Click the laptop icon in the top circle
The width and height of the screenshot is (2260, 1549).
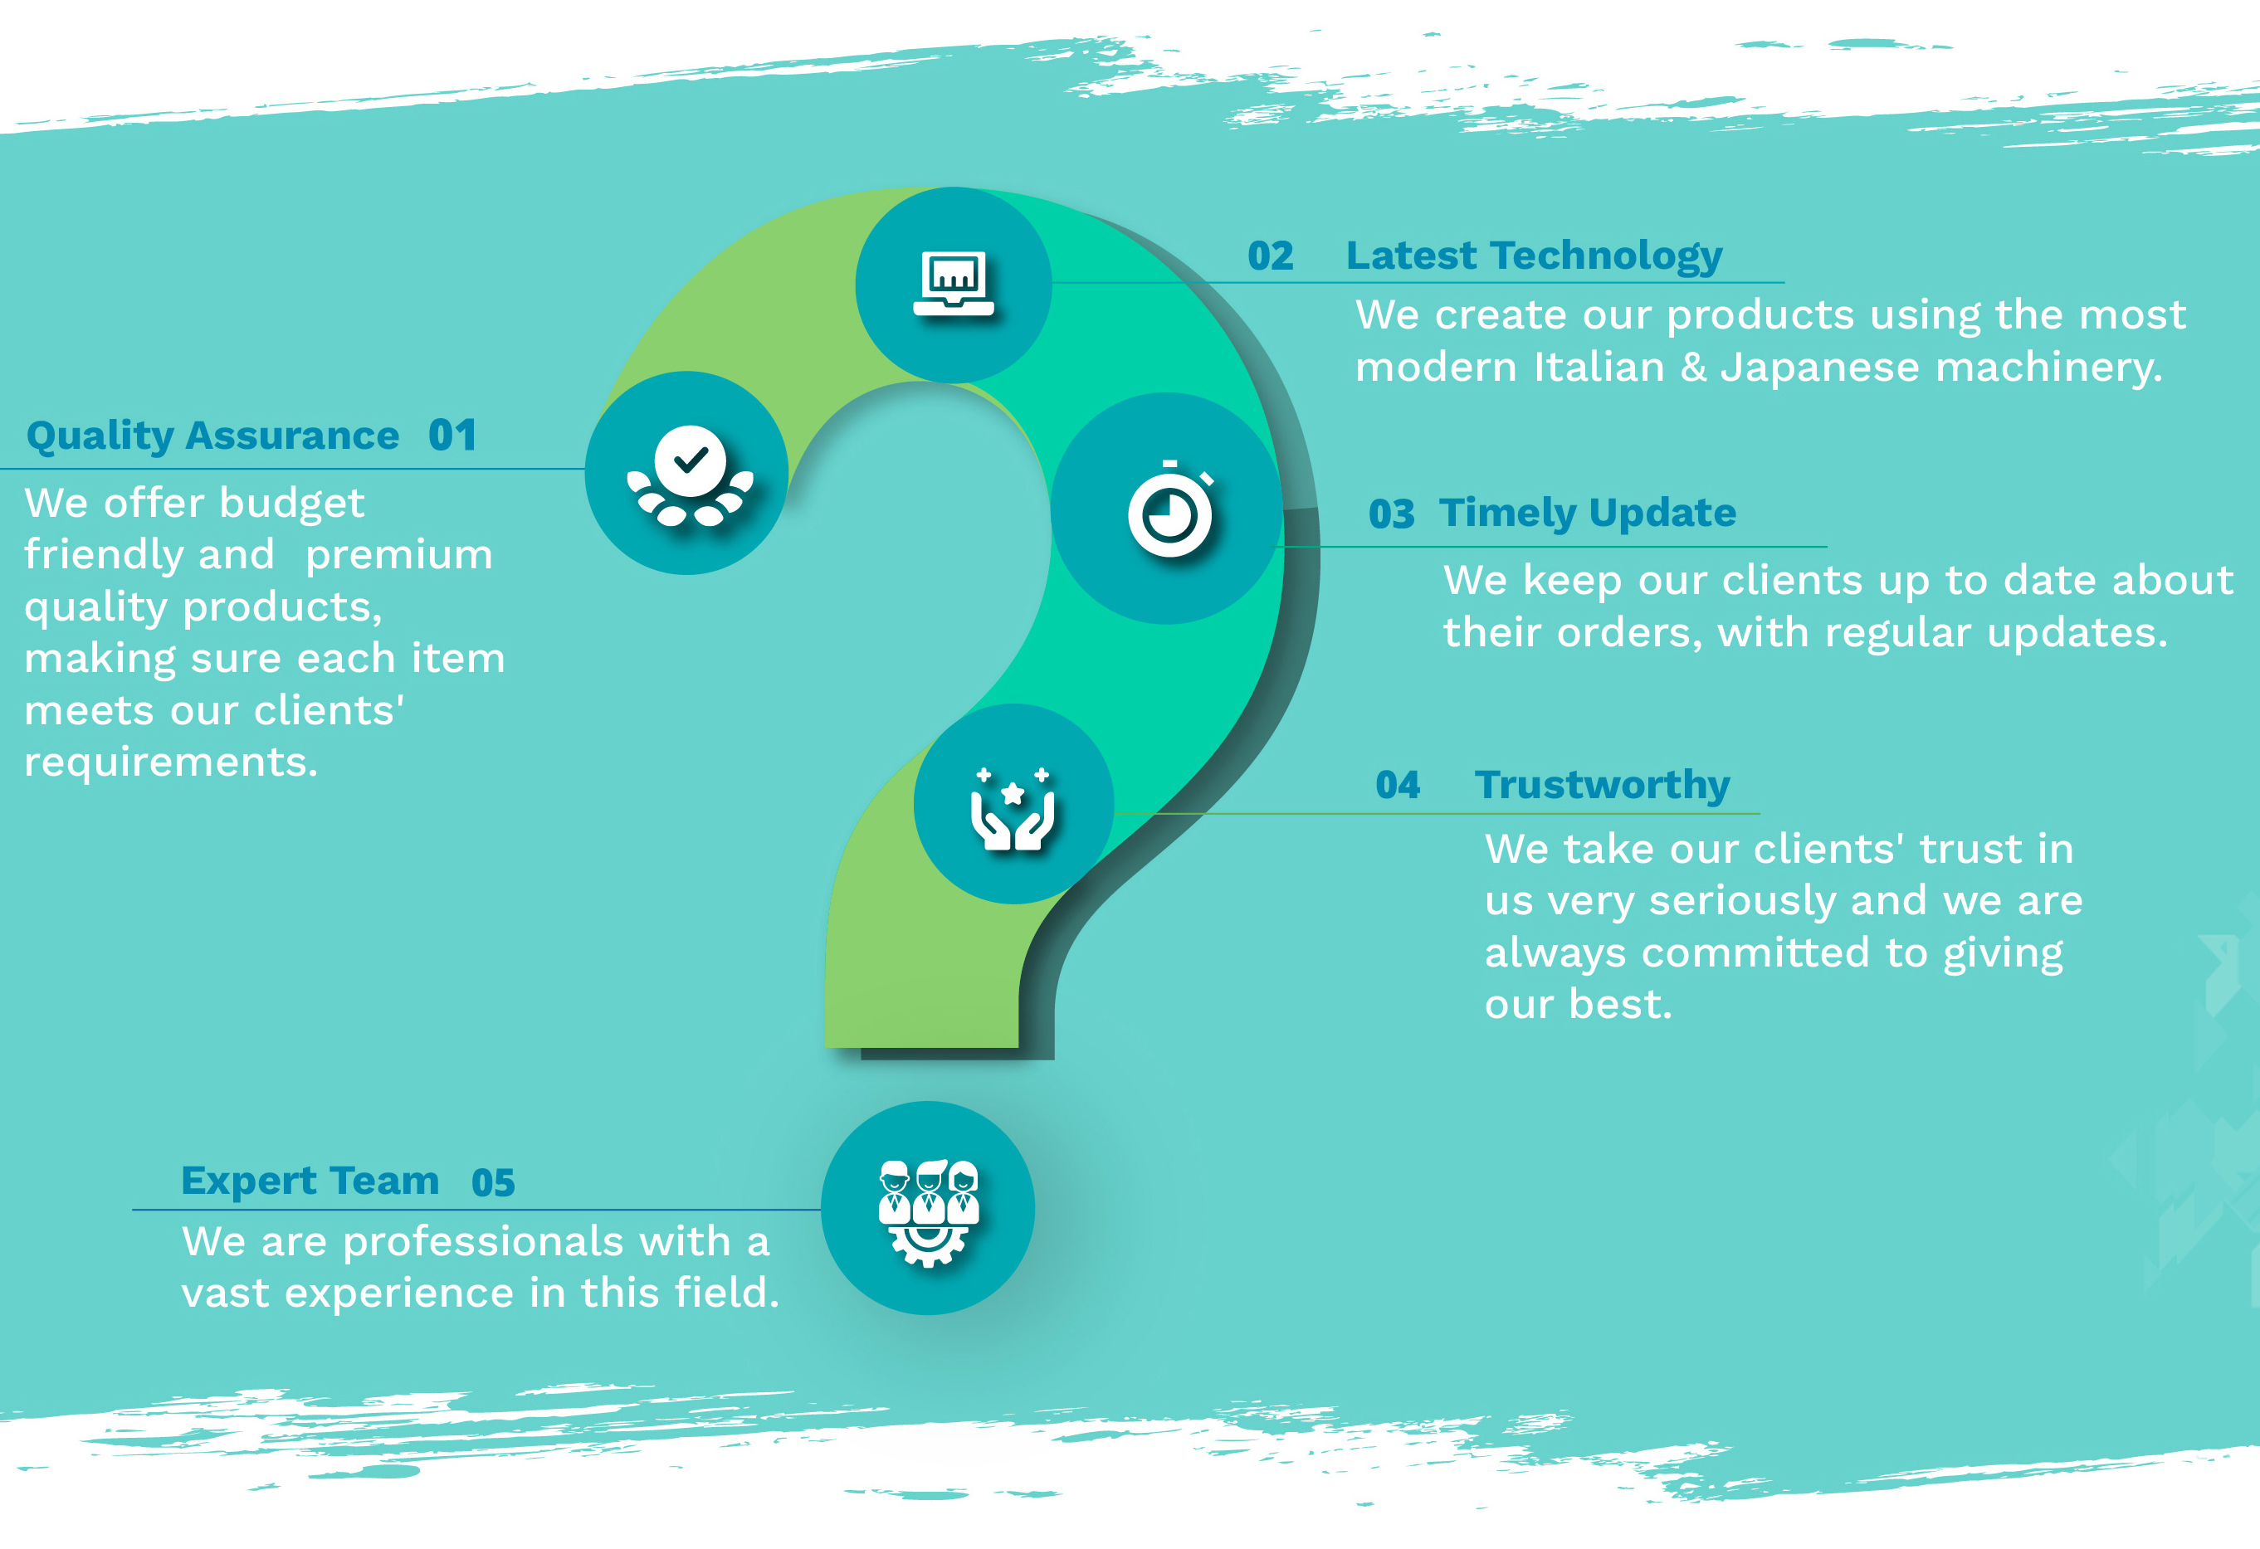coord(953,284)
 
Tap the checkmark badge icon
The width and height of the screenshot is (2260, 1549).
coord(691,475)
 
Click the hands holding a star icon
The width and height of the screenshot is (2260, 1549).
coord(1013,809)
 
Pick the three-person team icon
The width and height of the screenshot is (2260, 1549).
coord(929,1212)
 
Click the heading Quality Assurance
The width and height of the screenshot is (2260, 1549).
coord(213,436)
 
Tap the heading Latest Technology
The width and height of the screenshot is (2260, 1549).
coord(1534,256)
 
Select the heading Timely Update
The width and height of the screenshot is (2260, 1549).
coord(1587,514)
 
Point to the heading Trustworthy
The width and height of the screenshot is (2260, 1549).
coord(1602,785)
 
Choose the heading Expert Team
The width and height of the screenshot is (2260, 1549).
coord(310,1181)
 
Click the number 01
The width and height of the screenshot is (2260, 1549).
coord(452,436)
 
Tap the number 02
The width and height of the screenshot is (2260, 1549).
coord(1270,256)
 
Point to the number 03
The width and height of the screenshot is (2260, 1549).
coord(1391,514)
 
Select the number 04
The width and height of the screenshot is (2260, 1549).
coord(1398,785)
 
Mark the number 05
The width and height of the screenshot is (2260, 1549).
coord(493,1183)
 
